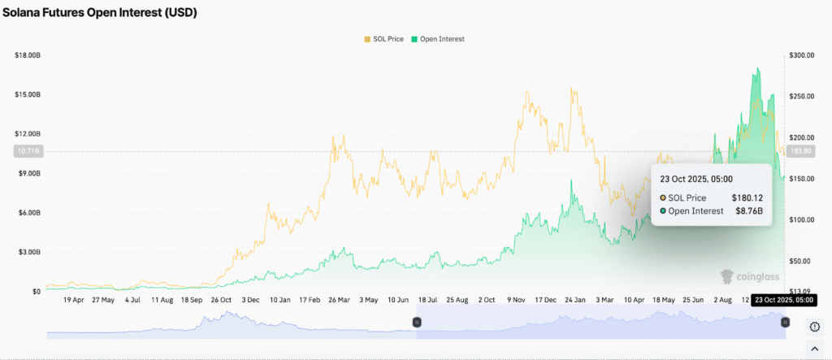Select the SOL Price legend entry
(384, 39)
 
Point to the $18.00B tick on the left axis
(27, 55)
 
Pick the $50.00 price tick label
(803, 261)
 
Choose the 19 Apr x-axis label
(74, 300)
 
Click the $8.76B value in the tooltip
(747, 211)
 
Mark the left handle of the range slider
(416, 322)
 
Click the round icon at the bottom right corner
(815, 327)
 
